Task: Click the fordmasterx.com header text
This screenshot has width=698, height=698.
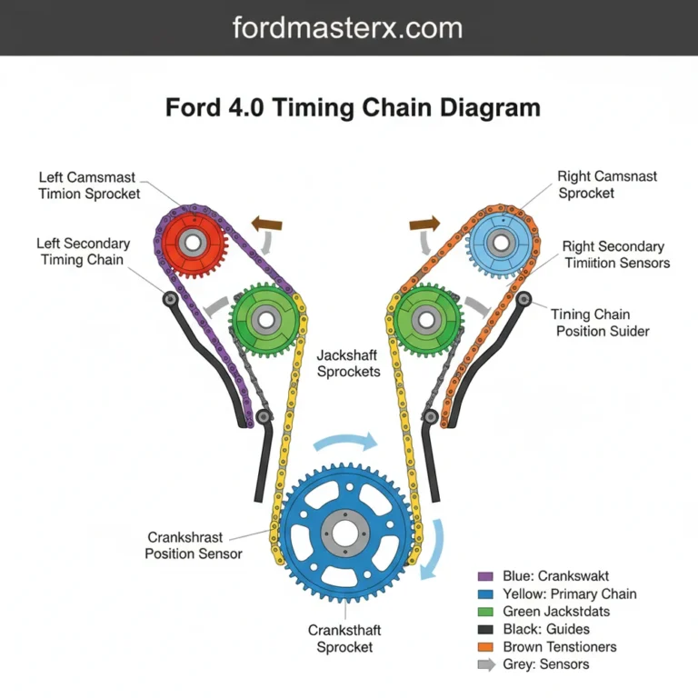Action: tap(348, 27)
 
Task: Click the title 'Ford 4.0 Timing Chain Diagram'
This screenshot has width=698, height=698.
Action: tap(353, 108)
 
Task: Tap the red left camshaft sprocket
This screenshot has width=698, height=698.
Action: tap(191, 243)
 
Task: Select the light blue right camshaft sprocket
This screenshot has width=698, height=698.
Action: tap(499, 243)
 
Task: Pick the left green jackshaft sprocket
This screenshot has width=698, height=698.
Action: tap(265, 319)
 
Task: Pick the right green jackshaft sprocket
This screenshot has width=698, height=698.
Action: tap(424, 319)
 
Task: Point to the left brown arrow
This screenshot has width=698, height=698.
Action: tap(266, 224)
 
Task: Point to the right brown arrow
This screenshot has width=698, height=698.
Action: tap(424, 223)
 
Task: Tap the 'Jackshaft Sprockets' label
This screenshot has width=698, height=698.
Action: tap(349, 364)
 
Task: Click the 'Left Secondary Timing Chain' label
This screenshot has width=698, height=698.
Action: tap(83, 252)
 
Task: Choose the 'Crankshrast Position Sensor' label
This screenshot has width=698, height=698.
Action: tap(194, 545)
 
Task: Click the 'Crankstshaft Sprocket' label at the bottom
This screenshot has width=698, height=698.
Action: tap(344, 638)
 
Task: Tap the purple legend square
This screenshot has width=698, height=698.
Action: tap(484, 576)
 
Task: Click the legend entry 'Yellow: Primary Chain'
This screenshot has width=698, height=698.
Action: tap(569, 593)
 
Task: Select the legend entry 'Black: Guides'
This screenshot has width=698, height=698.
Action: tap(545, 629)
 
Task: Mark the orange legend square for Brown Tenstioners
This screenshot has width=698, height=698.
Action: tap(484, 647)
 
